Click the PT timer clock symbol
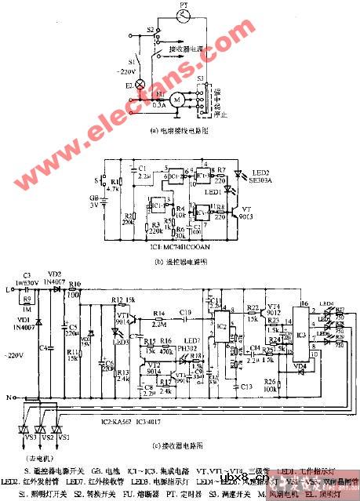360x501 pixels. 182,13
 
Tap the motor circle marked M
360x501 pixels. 177,99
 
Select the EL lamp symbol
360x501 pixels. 140,83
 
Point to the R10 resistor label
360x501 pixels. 75,285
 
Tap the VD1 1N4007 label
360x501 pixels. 28,324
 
